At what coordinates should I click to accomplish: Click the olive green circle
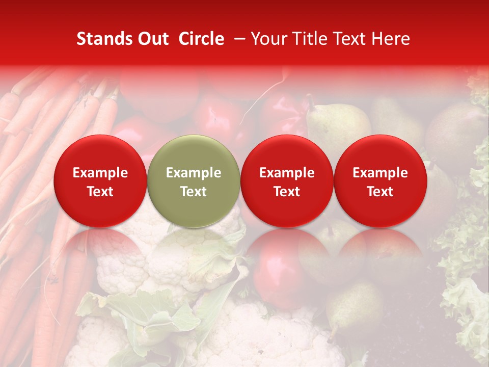pos(194,181)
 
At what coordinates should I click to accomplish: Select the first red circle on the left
pos(100,181)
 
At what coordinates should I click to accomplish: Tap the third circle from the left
pos(287,181)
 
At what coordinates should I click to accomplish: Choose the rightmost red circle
pos(380,181)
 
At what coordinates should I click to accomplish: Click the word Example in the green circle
pos(194,173)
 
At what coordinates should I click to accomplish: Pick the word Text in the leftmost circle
pos(100,191)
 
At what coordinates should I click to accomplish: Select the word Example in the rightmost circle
pos(380,173)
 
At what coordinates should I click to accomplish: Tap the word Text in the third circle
pos(287,191)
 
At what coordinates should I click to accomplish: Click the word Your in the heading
pos(268,39)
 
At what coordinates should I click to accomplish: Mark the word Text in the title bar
pos(351,39)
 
